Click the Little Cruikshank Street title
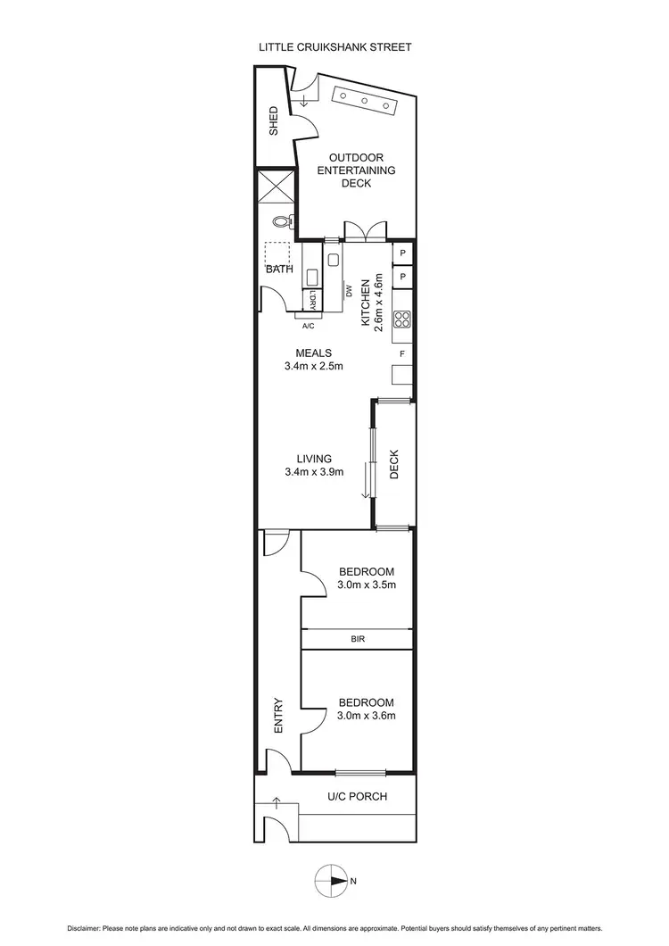point(334,47)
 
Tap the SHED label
point(274,120)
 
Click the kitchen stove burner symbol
point(402,319)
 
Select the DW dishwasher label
point(349,291)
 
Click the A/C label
point(309,326)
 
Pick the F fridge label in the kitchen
point(402,354)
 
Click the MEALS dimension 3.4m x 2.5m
point(313,366)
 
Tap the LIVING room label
point(313,459)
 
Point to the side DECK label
point(394,464)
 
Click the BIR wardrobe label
point(358,640)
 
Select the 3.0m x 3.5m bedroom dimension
point(366,585)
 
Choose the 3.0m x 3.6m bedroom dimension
point(366,715)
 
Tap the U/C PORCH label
point(357,796)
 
